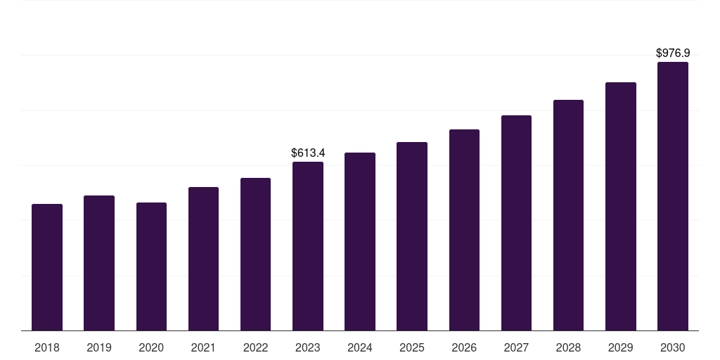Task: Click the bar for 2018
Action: (x=47, y=267)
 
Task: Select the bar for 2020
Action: (x=151, y=266)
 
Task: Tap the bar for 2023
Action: (x=308, y=246)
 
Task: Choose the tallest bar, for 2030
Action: (x=673, y=196)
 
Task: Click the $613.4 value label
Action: (x=308, y=153)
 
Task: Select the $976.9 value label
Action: (x=673, y=53)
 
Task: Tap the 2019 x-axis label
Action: (x=99, y=347)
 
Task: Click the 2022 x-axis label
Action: (x=256, y=347)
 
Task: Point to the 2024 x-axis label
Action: (x=360, y=347)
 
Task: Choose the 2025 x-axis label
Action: (x=412, y=347)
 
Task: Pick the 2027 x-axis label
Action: (x=516, y=347)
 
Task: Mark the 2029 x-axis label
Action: (x=620, y=347)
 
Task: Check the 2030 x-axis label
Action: (x=673, y=347)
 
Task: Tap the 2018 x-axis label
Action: (x=47, y=347)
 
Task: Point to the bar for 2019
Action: (x=99, y=263)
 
